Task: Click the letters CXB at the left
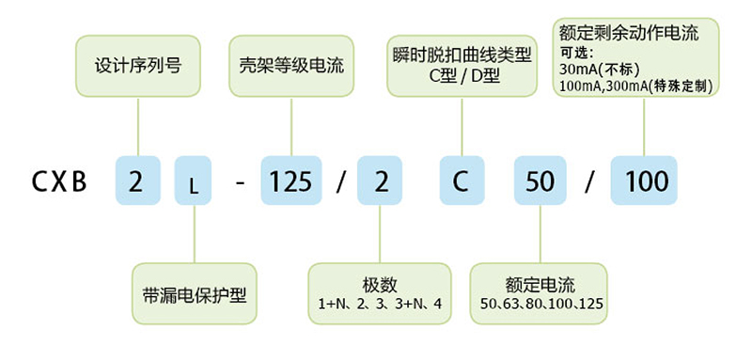pyautogui.click(x=59, y=181)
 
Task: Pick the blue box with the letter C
pyautogui.click(x=461, y=181)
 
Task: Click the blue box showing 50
pyautogui.click(x=540, y=181)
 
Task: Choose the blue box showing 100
pyautogui.click(x=644, y=181)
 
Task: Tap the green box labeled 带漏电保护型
pyautogui.click(x=194, y=293)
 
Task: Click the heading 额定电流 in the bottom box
pyautogui.click(x=540, y=285)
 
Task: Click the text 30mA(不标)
pyautogui.click(x=599, y=70)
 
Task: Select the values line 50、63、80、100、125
pyautogui.click(x=540, y=305)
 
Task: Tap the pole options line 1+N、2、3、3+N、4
pyautogui.click(x=381, y=305)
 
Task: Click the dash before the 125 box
pyautogui.click(x=241, y=181)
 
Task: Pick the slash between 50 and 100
pyautogui.click(x=588, y=181)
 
